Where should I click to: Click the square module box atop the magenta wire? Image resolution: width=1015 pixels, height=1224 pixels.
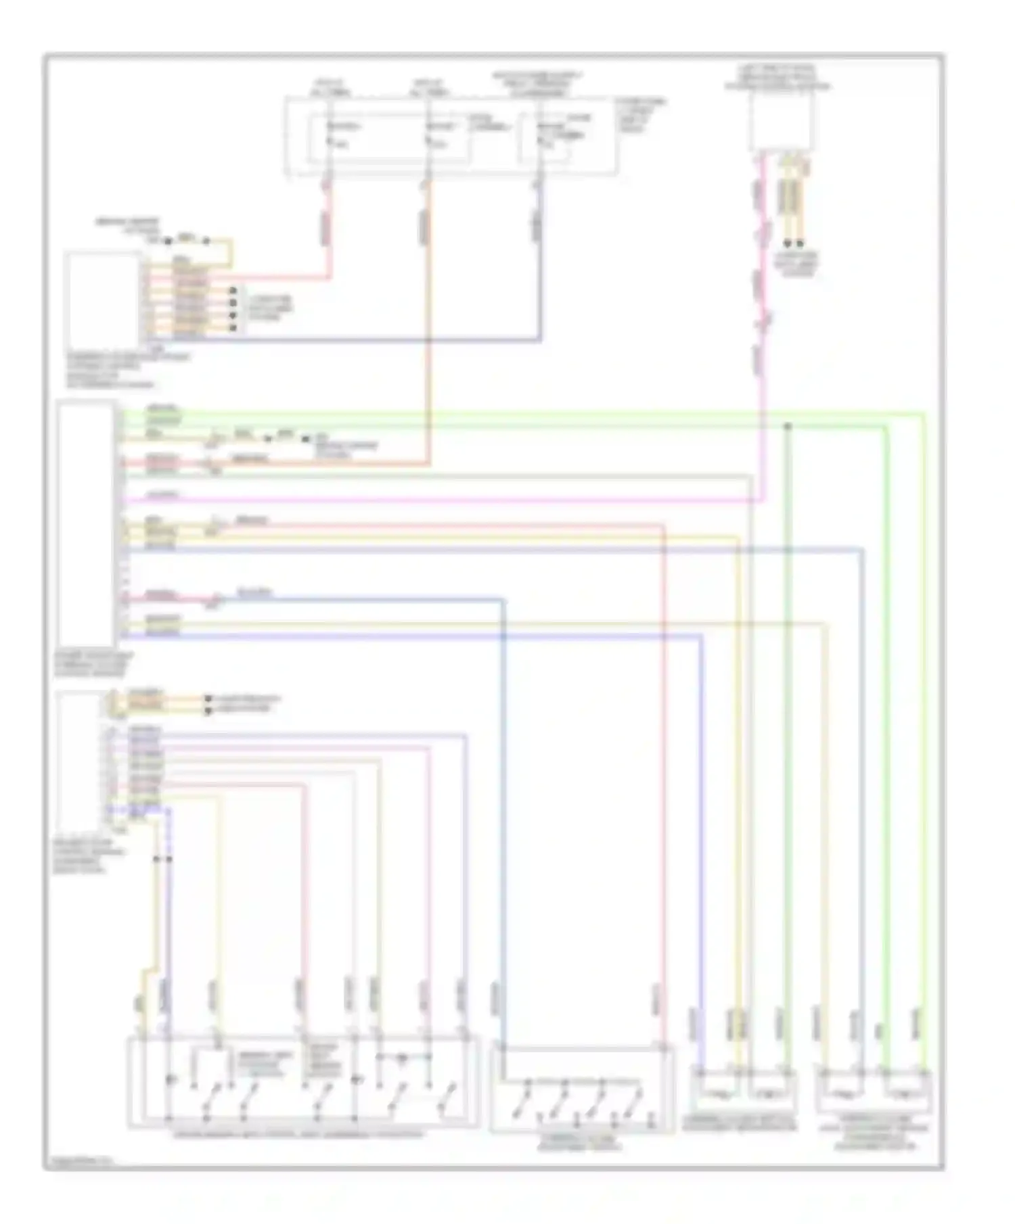(780, 122)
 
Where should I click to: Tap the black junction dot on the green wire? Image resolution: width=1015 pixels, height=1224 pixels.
(787, 427)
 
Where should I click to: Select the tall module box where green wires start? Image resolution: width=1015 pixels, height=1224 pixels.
(85, 523)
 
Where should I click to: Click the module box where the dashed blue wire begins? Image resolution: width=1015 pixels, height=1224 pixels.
(79, 761)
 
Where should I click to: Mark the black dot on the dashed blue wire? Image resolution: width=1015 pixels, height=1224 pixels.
(169, 860)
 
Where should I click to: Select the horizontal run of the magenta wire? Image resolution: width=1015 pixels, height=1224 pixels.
(440, 501)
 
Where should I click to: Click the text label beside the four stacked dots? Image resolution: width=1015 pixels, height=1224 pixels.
(269, 308)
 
